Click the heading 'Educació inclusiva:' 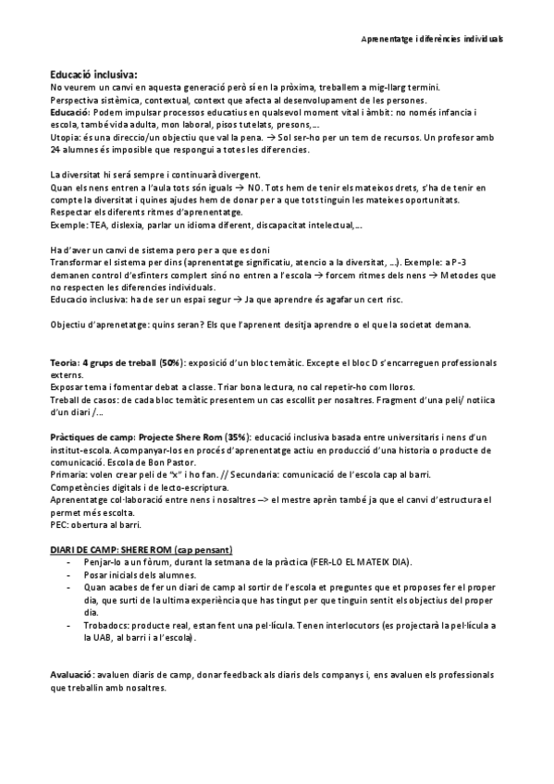[x=93, y=74]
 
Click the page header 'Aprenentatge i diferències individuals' [x=432, y=41]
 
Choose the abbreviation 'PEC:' [x=59, y=523]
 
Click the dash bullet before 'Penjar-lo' [x=71, y=562]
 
